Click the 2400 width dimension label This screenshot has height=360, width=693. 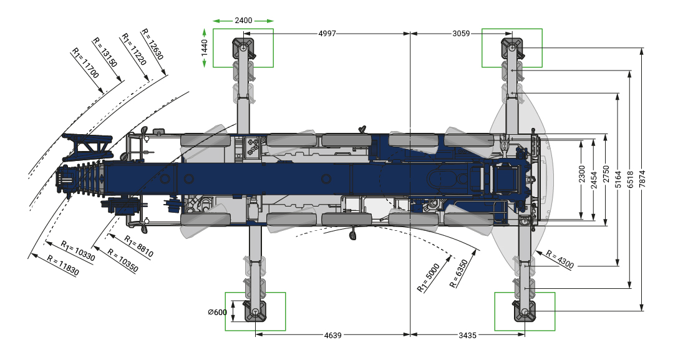[243, 21]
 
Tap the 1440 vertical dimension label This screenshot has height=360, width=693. [204, 48]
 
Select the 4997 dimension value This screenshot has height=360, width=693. [327, 34]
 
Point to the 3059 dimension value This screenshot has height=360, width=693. [461, 34]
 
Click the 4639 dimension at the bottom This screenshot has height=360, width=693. [333, 335]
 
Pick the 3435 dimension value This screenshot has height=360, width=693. [467, 335]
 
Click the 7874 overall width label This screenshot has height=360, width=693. [642, 179]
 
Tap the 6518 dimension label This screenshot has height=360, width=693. [630, 179]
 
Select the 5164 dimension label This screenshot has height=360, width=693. [618, 179]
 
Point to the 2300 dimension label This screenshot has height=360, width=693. [581, 174]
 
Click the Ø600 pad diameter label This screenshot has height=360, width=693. [218, 312]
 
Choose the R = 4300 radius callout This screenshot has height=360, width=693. [560, 260]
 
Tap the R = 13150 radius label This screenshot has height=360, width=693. [105, 52]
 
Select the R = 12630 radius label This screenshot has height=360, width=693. [152, 44]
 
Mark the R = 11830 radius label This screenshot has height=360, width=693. [63, 266]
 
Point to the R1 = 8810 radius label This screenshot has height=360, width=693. [138, 246]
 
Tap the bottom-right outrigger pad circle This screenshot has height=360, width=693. [525, 312]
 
